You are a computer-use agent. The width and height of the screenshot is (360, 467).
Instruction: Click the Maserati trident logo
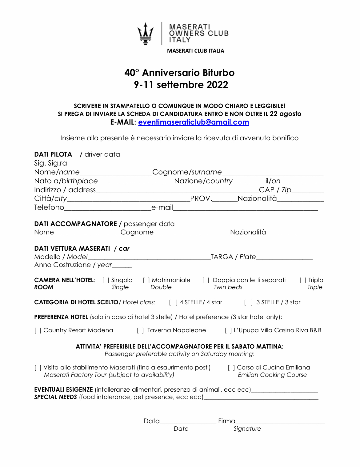[x=145, y=34]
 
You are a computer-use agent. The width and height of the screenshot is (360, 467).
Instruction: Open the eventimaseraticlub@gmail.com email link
[x=194, y=122]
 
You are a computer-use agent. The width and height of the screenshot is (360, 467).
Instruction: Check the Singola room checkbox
[x=106, y=280]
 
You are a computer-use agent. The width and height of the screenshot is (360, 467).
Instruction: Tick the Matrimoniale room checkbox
[x=146, y=280]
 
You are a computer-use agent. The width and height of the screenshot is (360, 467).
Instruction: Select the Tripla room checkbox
[x=303, y=280]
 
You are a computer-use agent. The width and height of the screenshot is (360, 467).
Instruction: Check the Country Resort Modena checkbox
[x=38, y=330]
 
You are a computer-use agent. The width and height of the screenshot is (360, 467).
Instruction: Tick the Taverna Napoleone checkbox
[x=140, y=330]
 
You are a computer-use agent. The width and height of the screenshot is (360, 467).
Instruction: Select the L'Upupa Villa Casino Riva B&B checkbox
[x=228, y=330]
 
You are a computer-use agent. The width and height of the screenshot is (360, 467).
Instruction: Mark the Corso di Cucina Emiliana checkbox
[x=231, y=368]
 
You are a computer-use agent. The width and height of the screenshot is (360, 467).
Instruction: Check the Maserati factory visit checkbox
[x=38, y=368]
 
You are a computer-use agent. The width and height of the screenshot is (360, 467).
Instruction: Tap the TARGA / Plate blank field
[x=284, y=257]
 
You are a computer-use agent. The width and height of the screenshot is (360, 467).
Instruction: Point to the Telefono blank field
[x=108, y=208]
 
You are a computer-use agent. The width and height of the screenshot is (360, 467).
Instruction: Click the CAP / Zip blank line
[x=308, y=190]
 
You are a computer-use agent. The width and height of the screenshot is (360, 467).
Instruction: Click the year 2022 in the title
[x=217, y=85]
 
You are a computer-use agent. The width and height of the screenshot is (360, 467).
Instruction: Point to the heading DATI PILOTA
[x=53, y=154]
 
